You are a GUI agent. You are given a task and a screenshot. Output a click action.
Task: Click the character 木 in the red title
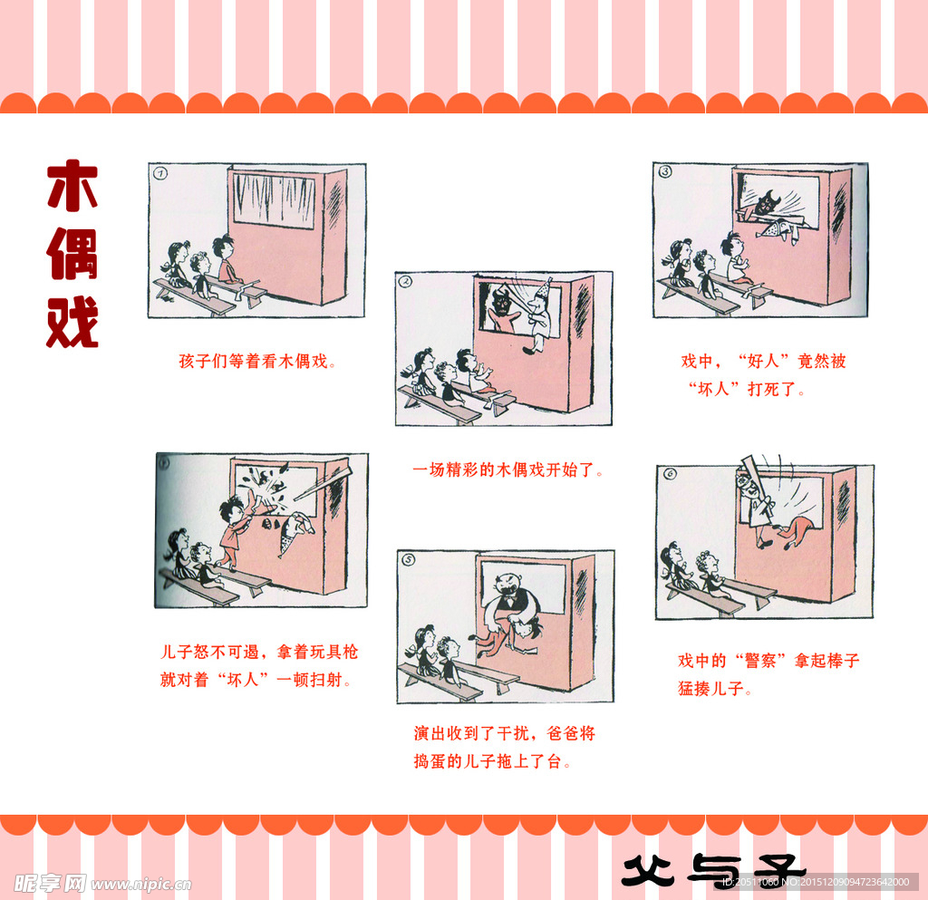72,186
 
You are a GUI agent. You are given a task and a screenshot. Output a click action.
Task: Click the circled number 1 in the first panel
160,173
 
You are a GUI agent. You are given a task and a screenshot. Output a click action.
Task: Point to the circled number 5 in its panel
409,560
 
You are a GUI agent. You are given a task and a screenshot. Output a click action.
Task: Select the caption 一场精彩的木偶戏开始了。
507,470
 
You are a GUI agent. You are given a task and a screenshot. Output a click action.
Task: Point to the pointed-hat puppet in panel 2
541,313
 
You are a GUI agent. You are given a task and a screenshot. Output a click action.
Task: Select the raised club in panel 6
749,470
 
